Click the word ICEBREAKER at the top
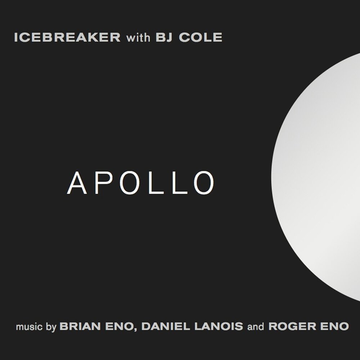(x=67, y=37)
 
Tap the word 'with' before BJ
(x=138, y=37)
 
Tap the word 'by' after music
(x=51, y=328)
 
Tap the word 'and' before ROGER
(x=256, y=327)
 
